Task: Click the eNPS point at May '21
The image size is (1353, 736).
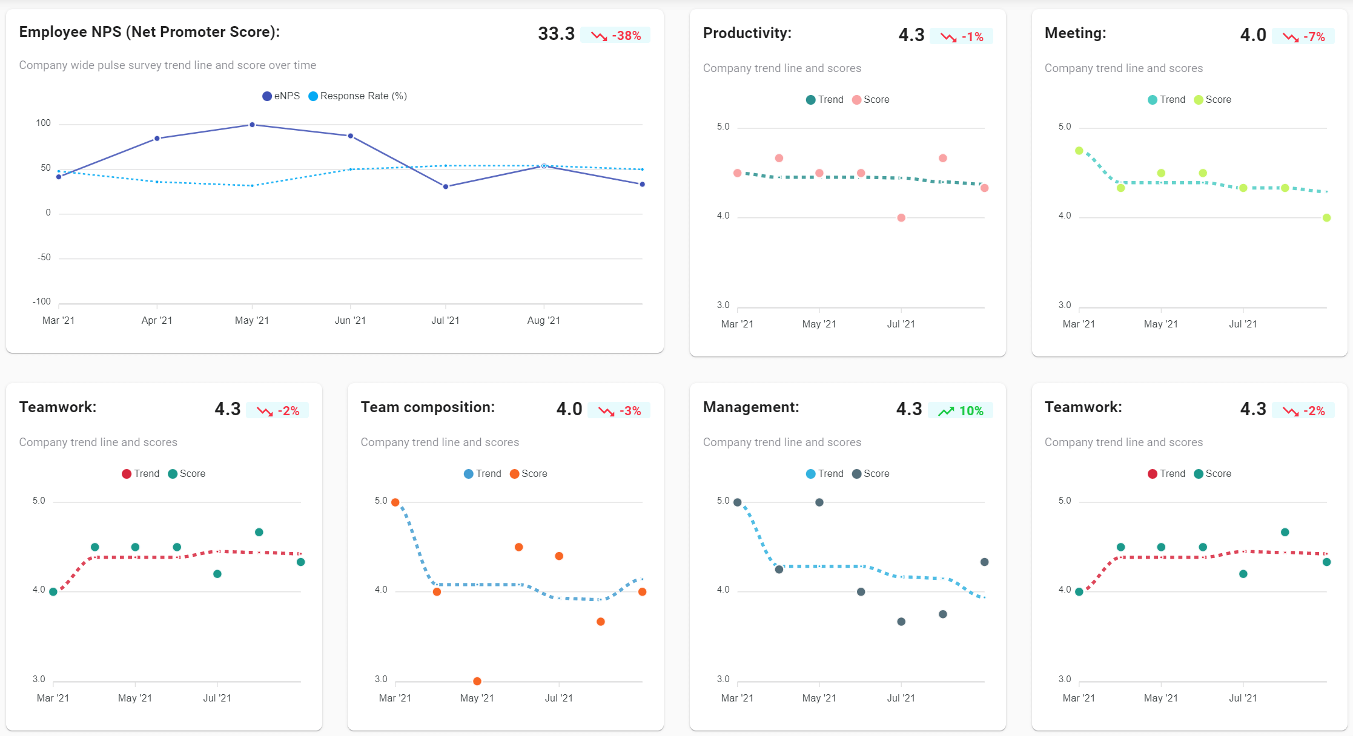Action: tap(252, 125)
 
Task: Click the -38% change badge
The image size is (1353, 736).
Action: tap(615, 36)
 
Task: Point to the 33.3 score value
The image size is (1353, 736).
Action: tap(556, 34)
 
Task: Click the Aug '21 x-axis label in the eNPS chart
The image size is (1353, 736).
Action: tap(543, 320)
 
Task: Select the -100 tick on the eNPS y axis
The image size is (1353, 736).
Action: tap(42, 301)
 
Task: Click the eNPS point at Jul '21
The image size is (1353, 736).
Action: tap(446, 186)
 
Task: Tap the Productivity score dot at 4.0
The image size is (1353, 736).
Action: tap(901, 218)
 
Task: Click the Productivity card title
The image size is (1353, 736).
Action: tap(747, 33)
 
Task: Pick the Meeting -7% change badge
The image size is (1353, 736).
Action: tap(1303, 37)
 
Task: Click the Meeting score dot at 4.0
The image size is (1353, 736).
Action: tap(1327, 218)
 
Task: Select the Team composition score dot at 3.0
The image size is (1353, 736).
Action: tap(477, 681)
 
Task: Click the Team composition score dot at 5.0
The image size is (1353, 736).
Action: tap(395, 502)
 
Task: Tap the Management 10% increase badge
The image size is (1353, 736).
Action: tap(961, 411)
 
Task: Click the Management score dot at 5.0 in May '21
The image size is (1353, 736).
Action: tap(819, 502)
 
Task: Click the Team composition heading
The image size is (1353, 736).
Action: tap(428, 407)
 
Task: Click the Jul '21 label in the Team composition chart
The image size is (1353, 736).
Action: tap(558, 698)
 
